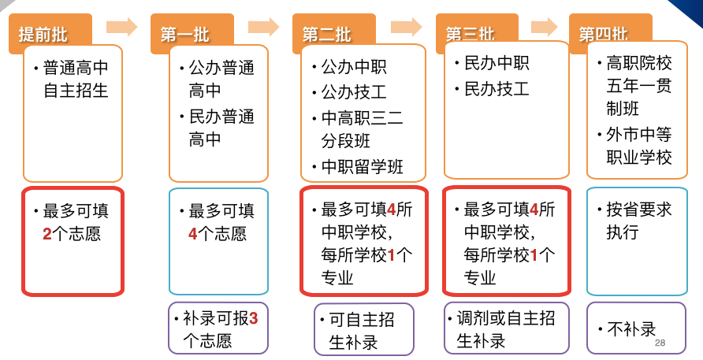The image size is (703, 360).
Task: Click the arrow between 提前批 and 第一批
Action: click(122, 27)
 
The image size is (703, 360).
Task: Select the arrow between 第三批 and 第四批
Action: click(545, 27)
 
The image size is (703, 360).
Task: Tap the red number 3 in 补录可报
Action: click(253, 319)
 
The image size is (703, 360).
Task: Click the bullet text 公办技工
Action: click(347, 93)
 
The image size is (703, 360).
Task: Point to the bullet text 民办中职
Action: click(497, 64)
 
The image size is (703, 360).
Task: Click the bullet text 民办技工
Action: click(497, 88)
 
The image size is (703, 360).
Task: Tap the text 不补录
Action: click(631, 328)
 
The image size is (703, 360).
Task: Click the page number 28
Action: click(660, 343)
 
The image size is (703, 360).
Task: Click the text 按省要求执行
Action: click(638, 221)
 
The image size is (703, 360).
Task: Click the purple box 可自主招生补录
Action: click(363, 329)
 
